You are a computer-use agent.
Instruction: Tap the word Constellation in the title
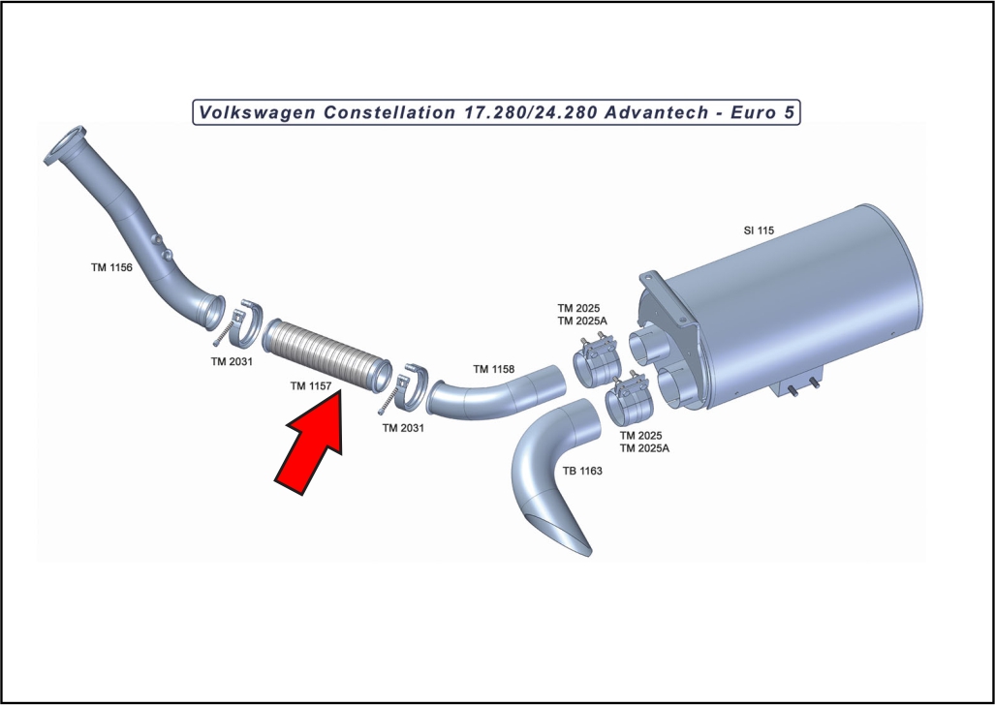389,112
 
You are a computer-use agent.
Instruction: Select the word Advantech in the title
657,112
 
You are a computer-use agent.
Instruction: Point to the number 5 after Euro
789,112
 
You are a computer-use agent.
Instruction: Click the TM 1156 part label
111,268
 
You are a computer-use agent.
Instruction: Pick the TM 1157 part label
311,385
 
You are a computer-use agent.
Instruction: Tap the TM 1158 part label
494,369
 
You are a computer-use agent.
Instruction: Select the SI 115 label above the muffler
759,230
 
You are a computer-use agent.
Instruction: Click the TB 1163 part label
582,471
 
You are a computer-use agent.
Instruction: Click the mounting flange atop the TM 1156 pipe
65,145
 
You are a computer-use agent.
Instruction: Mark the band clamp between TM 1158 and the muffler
597,362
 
